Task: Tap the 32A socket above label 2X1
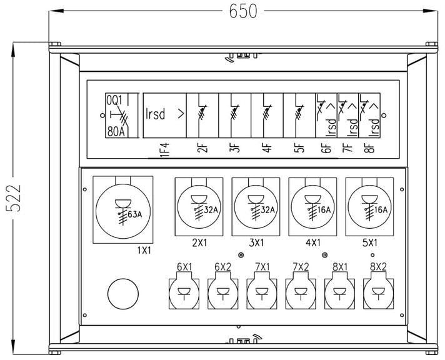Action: (199, 207)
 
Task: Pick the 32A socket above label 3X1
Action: (256, 207)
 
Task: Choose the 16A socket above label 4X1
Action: (312, 207)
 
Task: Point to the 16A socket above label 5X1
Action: (369, 207)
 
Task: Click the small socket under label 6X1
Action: (184, 292)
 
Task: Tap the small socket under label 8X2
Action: (377, 292)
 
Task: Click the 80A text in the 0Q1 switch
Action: (117, 131)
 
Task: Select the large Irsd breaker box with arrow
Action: (164, 115)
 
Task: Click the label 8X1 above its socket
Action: (339, 267)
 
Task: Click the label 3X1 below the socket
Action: (256, 242)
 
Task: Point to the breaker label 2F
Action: (201, 149)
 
